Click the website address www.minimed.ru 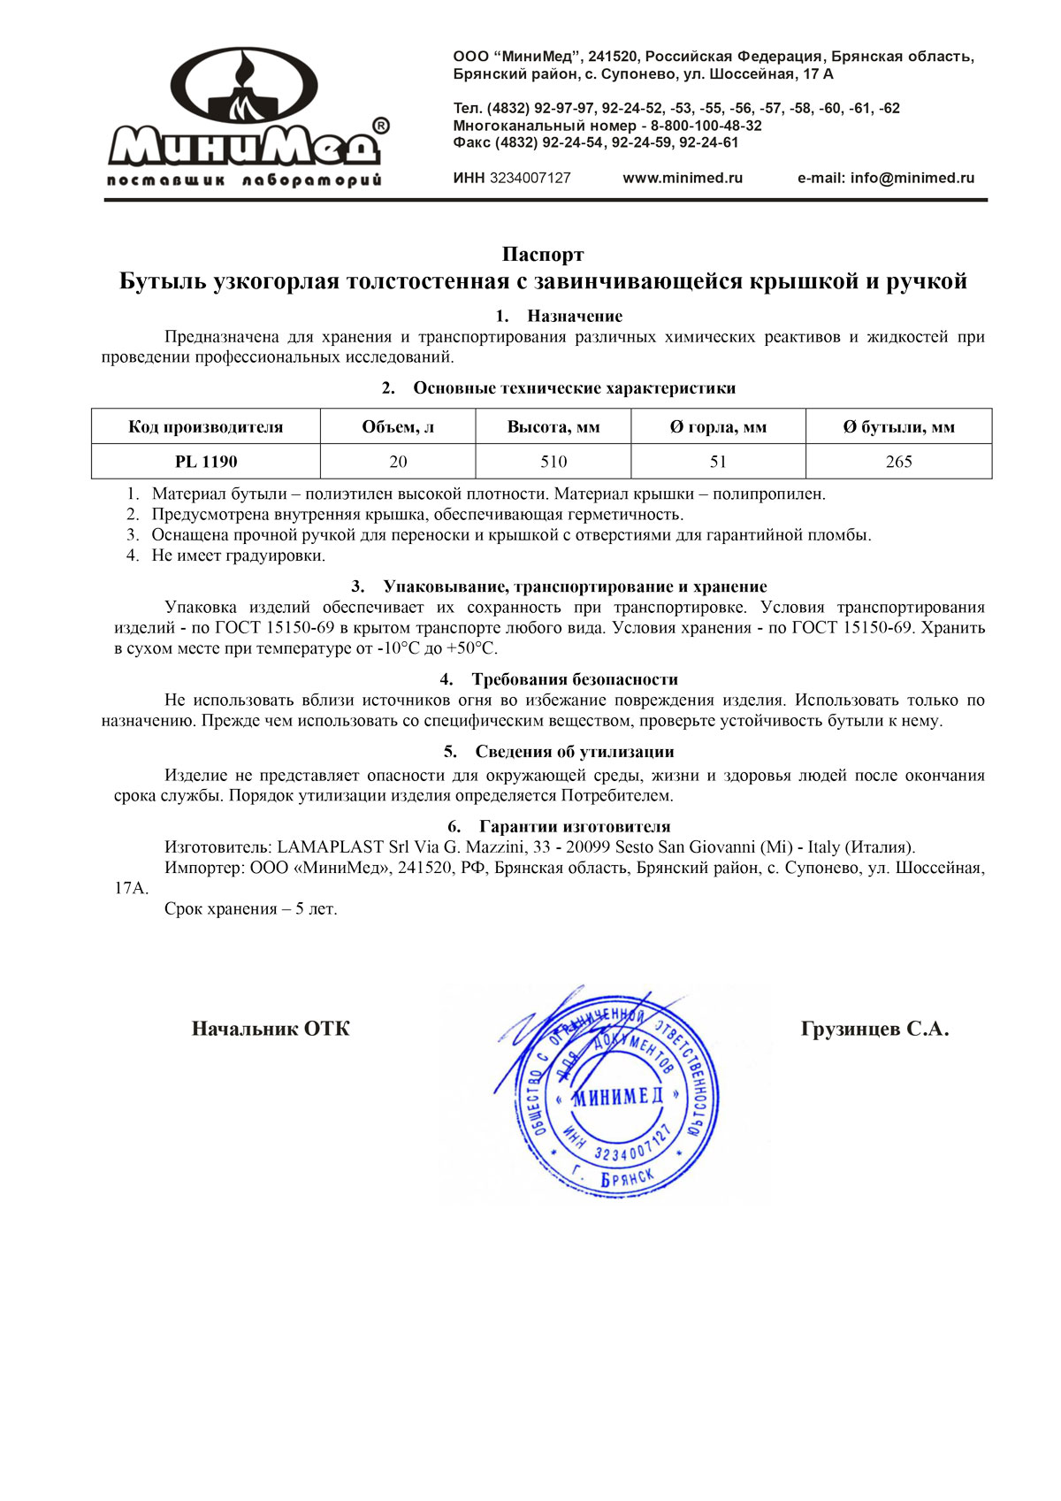tap(683, 178)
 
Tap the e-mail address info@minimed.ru tap(912, 178)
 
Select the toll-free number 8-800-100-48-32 tap(706, 126)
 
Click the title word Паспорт tap(543, 255)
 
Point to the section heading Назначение tap(575, 316)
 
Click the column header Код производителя tap(206, 427)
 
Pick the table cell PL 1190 tap(206, 462)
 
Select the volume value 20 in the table tap(398, 462)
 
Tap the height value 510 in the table tap(553, 462)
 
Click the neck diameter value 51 tap(718, 462)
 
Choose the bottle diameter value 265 tap(898, 462)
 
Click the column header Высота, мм tap(553, 427)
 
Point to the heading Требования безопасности tap(575, 679)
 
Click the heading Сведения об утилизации tap(575, 752)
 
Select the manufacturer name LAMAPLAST tap(331, 847)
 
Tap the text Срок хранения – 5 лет tap(251, 909)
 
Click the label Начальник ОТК tap(271, 1029)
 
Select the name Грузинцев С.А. tap(874, 1029)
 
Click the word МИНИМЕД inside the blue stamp tap(617, 1098)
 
